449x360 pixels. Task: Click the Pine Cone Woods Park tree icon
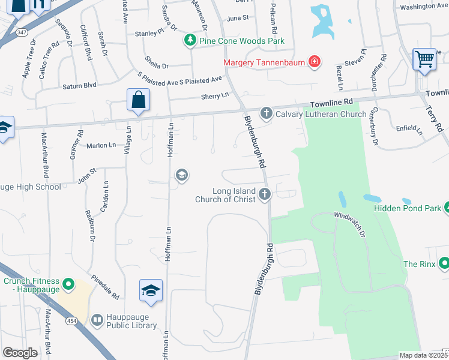point(190,40)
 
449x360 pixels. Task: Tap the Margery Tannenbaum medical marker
point(313,61)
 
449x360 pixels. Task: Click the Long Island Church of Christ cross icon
point(265,193)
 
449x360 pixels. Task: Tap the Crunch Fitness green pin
point(68,284)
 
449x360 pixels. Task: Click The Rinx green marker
point(444,263)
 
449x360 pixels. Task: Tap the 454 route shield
point(70,323)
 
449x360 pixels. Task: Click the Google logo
point(20,353)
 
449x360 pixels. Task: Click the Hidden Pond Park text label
point(406,208)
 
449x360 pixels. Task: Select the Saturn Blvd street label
point(80,86)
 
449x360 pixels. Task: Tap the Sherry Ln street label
point(217,95)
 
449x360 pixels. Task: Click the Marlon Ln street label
point(101,145)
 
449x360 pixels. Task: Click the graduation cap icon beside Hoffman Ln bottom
point(150,290)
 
